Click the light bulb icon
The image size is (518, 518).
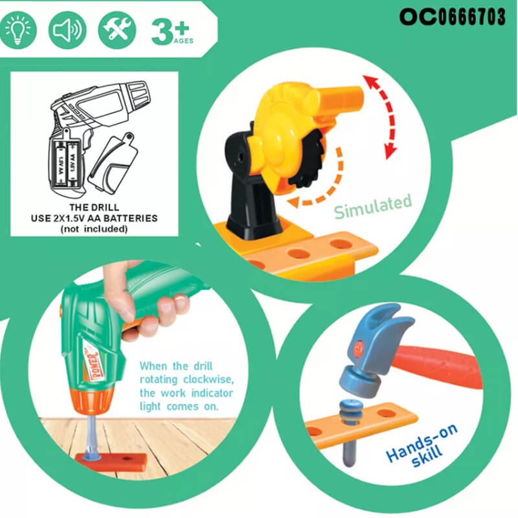tap(18, 30)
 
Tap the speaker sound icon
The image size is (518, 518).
tap(67, 30)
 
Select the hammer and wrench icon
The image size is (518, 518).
tap(117, 30)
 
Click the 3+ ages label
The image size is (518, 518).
tap(172, 32)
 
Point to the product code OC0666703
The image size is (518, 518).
tap(452, 17)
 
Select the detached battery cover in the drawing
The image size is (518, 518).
tap(113, 162)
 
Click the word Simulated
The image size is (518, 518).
tap(373, 207)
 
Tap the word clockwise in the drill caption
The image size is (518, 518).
tap(208, 379)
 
